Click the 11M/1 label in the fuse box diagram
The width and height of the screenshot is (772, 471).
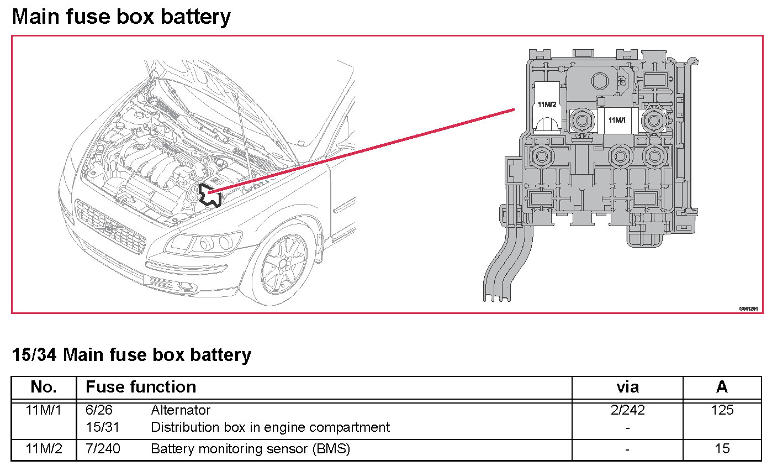[x=616, y=120]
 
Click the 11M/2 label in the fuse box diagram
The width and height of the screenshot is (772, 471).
[x=547, y=104]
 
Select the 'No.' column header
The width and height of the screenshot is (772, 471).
[x=44, y=387]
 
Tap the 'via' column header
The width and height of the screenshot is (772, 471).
[x=627, y=387]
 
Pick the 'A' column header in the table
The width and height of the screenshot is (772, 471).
[x=722, y=387]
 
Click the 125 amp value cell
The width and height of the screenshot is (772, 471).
[x=722, y=410]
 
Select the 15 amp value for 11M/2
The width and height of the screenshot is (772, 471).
[x=722, y=449]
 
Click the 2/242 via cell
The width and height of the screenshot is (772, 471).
[x=627, y=410]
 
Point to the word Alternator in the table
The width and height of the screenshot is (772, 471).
[x=181, y=410]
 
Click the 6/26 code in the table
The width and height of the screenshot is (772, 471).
[x=99, y=410]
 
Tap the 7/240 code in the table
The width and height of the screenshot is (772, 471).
[x=103, y=449]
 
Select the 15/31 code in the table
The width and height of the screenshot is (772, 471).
[x=103, y=427]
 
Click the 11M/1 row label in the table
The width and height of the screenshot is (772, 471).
[x=44, y=410]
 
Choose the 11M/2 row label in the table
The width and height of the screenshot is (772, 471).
[x=44, y=449]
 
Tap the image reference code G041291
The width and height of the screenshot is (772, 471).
[x=748, y=308]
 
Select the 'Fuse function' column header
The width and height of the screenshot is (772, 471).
[x=141, y=387]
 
